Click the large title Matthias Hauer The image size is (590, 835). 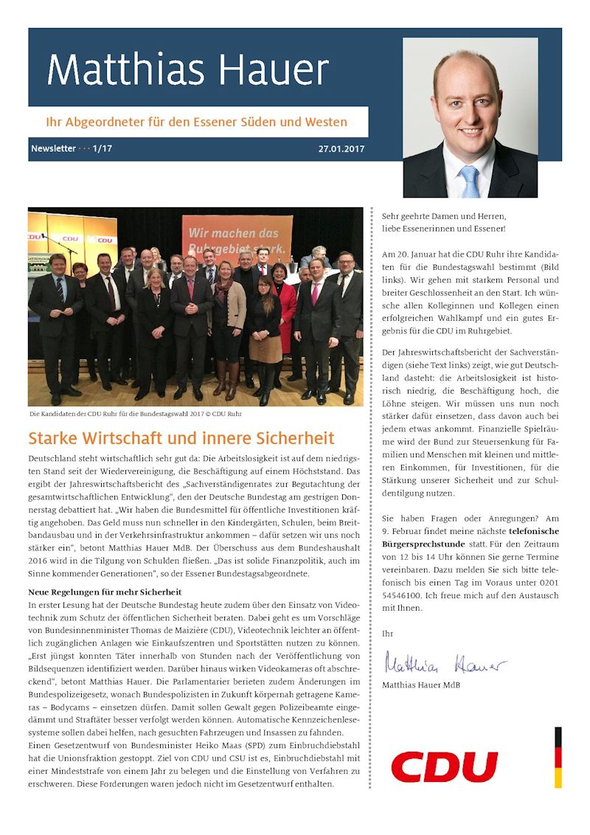click(187, 71)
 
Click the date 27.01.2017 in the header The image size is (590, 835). click(341, 148)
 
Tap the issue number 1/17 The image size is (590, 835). click(103, 148)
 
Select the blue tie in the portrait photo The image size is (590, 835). click(469, 180)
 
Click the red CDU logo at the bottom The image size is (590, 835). click(444, 767)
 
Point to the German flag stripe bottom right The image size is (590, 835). click(558, 757)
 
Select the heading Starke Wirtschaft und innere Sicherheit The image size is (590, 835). click(181, 438)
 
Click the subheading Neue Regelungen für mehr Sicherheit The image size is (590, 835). click(105, 592)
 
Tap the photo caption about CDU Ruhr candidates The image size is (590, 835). click(135, 414)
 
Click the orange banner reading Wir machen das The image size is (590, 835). click(237, 235)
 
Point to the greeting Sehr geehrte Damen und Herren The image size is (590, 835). click(444, 216)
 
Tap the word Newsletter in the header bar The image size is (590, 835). click(53, 148)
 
